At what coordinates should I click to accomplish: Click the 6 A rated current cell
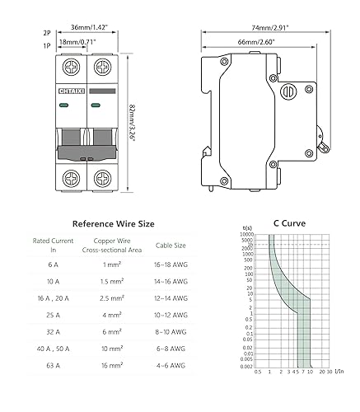coord(53,265)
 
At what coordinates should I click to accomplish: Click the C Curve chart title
coord(290,222)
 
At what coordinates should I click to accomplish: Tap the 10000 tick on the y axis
coord(248,236)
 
